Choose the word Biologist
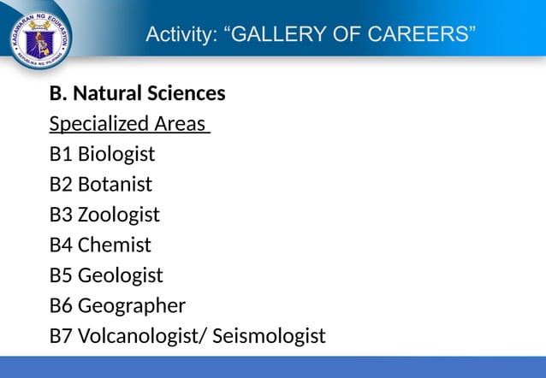point(116,154)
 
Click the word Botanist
point(115,184)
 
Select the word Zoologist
point(118,215)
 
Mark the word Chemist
point(114,245)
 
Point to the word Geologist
point(120,275)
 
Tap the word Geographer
point(131,306)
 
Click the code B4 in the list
point(61,245)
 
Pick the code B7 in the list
point(61,336)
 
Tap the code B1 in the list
point(61,154)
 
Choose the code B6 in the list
point(61,306)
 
